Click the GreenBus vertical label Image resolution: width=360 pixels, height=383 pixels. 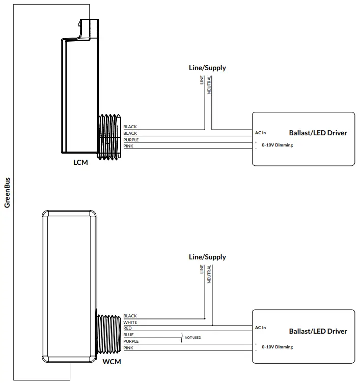(7, 193)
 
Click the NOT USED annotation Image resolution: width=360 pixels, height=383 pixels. (192, 337)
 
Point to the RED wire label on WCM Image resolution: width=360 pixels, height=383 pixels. (127, 329)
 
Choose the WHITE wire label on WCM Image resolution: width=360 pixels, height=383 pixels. (130, 322)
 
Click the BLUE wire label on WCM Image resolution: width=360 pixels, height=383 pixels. (128, 335)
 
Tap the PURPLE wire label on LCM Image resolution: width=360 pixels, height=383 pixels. (131, 139)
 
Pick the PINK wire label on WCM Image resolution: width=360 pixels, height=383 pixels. (128, 348)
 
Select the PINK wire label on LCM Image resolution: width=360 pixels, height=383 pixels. (128, 146)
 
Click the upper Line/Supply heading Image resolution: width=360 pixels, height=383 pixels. (207, 68)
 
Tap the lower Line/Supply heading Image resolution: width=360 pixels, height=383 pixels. (207, 257)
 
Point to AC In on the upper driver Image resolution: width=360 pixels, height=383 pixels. (260, 133)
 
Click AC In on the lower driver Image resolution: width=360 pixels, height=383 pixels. (260, 328)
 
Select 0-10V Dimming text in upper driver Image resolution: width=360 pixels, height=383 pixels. (277, 145)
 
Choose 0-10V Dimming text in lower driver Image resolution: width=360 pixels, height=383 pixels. (277, 347)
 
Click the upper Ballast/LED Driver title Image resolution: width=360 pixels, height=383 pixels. (318, 133)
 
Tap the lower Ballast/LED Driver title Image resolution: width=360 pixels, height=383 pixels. (318, 331)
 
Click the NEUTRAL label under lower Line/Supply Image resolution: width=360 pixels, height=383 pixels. (209, 275)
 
